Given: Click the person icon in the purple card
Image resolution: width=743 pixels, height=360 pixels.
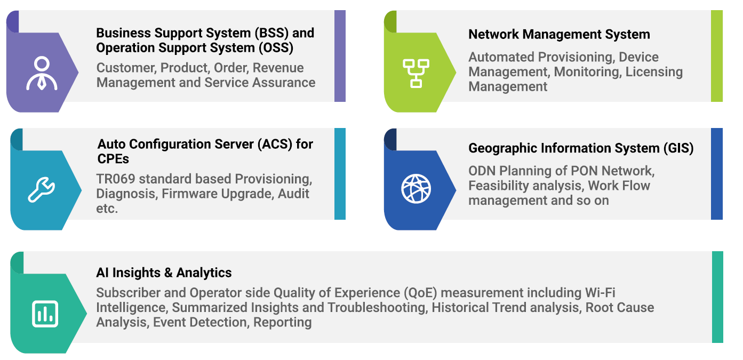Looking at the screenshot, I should (x=41, y=73).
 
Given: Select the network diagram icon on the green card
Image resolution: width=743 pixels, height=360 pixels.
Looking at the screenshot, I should (x=416, y=73).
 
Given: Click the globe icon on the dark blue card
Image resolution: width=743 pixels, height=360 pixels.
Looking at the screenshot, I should (x=416, y=189).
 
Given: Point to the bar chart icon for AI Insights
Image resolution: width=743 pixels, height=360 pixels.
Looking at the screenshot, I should (x=45, y=314).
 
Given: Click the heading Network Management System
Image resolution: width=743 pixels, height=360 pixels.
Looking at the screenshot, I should (x=559, y=35).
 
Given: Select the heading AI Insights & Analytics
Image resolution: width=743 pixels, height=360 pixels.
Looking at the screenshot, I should (x=164, y=273).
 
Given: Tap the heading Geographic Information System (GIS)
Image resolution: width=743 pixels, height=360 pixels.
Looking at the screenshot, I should (x=581, y=148).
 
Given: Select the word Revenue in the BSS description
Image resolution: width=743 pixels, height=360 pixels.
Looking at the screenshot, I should (x=278, y=68).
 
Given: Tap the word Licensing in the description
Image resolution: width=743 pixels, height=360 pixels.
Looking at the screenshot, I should (x=654, y=71).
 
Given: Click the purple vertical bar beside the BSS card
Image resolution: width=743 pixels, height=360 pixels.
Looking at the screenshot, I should (x=340, y=56).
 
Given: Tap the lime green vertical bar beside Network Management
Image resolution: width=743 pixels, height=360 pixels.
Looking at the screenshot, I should (x=717, y=56).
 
